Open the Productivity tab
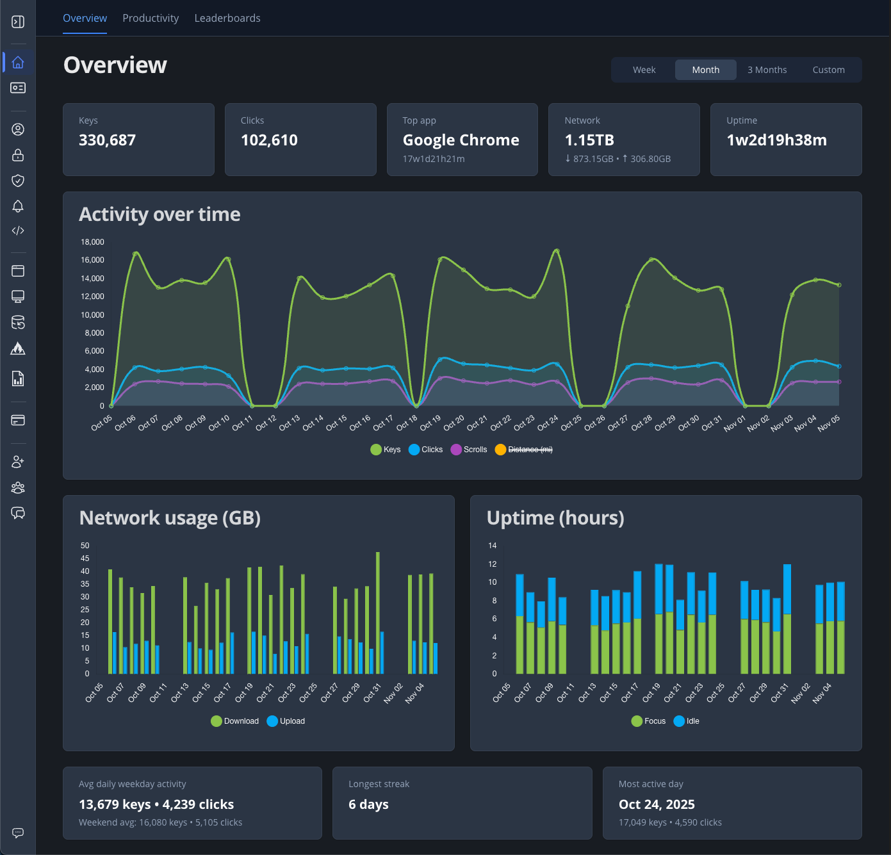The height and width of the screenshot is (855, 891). click(x=151, y=18)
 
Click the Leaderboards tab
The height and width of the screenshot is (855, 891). click(x=227, y=18)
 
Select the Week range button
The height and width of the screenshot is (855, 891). click(x=644, y=70)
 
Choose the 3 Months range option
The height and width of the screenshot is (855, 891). click(x=767, y=70)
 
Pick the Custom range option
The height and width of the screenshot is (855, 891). click(x=828, y=70)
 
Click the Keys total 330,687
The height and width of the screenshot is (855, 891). click(x=107, y=140)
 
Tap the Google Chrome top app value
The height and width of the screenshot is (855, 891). click(x=461, y=140)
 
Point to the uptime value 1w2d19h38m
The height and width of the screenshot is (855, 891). click(x=776, y=140)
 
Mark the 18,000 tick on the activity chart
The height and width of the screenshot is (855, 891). click(x=92, y=242)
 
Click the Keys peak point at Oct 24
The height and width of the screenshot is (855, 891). click(x=557, y=251)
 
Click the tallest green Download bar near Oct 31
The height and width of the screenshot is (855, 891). click(x=378, y=612)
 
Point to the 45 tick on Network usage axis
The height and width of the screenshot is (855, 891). click(x=85, y=558)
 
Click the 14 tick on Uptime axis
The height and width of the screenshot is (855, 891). click(x=492, y=546)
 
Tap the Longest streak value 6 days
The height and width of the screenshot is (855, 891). click(x=368, y=804)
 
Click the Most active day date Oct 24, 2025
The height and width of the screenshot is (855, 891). click(x=657, y=804)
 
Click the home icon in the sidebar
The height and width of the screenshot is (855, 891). click(x=18, y=62)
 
